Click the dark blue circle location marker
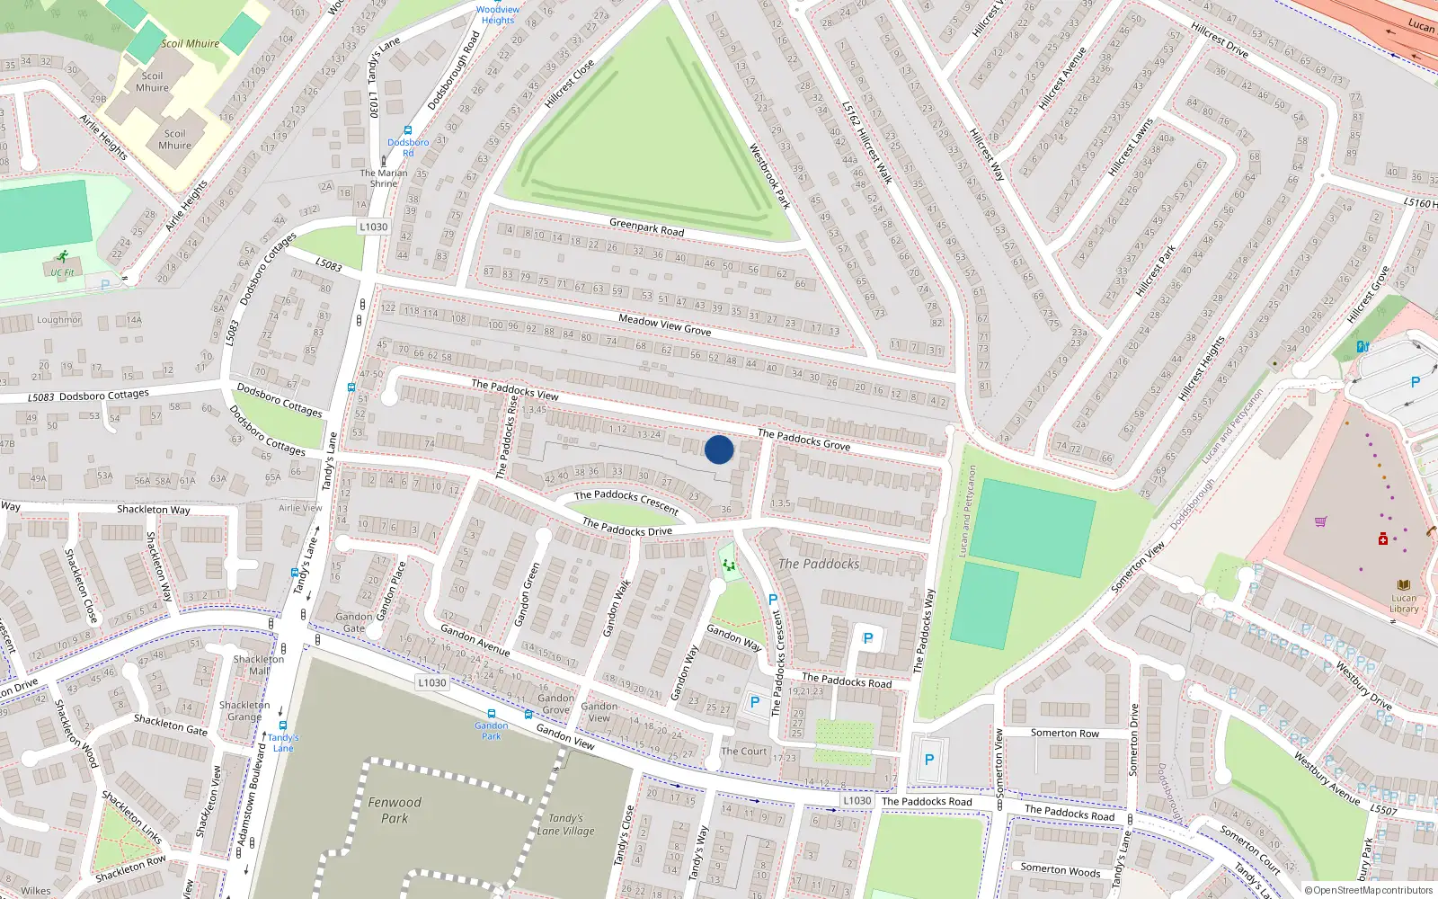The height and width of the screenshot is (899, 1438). coord(719,449)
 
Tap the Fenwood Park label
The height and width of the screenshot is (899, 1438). coord(395,810)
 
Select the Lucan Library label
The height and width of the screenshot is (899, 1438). coord(1404,603)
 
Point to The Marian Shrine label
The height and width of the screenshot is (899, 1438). coord(384,178)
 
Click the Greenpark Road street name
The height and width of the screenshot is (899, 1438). coord(646,227)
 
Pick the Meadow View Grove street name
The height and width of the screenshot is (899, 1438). coord(664,325)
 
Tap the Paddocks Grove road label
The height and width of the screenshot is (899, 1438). coord(803,440)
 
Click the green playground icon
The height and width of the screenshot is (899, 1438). coord(728,565)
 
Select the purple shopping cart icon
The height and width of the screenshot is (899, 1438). coord(1320,521)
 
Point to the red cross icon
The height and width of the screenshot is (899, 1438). coord(1383,539)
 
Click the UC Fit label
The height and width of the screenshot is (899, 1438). coord(63,272)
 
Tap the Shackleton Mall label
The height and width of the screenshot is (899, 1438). coord(259,664)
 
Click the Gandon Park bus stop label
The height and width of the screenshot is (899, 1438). coord(491,730)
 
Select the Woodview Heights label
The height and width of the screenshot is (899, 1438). coord(498,15)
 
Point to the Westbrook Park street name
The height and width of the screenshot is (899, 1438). coord(769,176)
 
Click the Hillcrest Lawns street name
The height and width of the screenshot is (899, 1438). coord(1130,147)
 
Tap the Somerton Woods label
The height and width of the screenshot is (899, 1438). coord(1060,870)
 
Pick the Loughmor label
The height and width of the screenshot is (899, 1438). coord(59,320)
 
